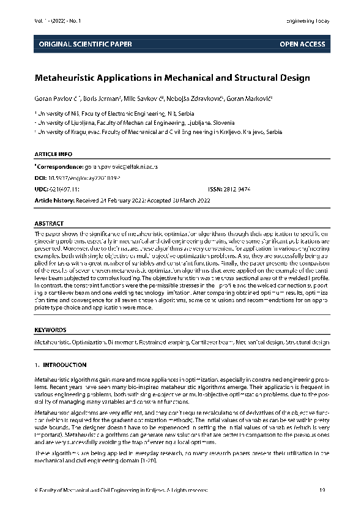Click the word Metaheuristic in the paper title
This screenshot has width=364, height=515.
click(69, 78)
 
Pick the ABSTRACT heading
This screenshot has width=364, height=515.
click(49, 224)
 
